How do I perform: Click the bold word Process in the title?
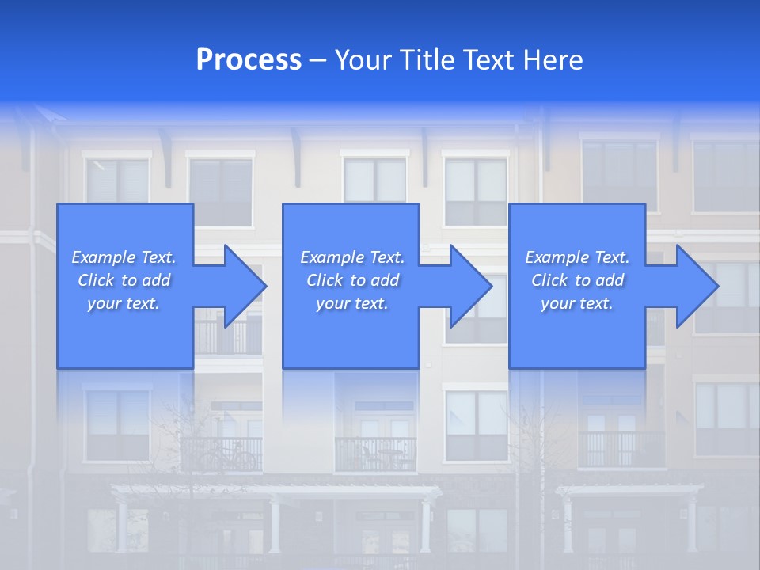pyautogui.click(x=249, y=60)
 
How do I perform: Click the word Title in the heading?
pyautogui.click(x=425, y=60)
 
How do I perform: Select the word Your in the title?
pyautogui.click(x=365, y=60)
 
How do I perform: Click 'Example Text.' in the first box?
pyautogui.click(x=123, y=257)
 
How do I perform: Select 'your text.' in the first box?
pyautogui.click(x=123, y=303)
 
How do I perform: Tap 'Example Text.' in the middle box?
pyautogui.click(x=352, y=257)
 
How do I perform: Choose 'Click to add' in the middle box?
pyautogui.click(x=352, y=280)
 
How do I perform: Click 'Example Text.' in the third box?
pyautogui.click(x=577, y=257)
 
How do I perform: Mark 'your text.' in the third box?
pyautogui.click(x=577, y=303)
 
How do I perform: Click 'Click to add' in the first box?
pyautogui.click(x=123, y=280)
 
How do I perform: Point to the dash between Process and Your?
pyautogui.click(x=317, y=60)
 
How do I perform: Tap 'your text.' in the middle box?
pyautogui.click(x=352, y=303)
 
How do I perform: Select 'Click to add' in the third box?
pyautogui.click(x=577, y=280)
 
